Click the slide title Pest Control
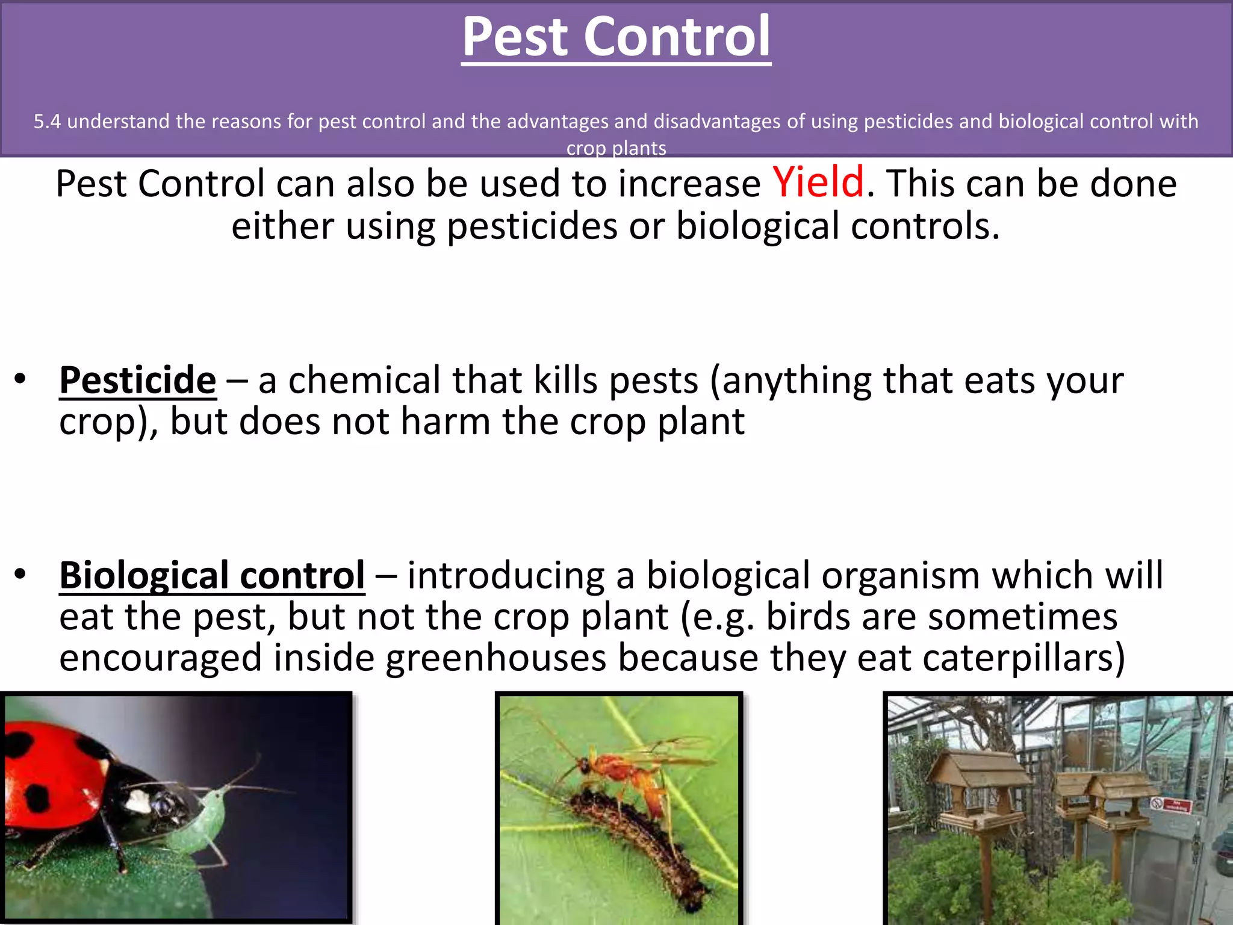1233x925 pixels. (x=616, y=37)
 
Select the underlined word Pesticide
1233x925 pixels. (x=138, y=381)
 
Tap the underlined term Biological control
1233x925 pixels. (x=212, y=576)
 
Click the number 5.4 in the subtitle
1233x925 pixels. (x=47, y=122)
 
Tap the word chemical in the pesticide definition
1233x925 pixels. (x=364, y=381)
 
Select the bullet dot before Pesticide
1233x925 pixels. (x=20, y=379)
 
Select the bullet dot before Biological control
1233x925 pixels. (x=20, y=575)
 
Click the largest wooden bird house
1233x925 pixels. (x=978, y=783)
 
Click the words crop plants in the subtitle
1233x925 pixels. (x=616, y=148)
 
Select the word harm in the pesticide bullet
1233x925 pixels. (x=445, y=422)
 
